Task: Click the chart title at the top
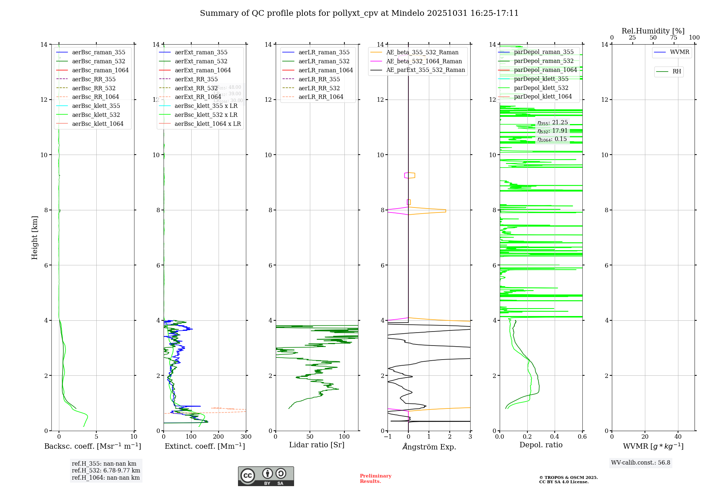(x=359, y=13)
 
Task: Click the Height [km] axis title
(x=35, y=237)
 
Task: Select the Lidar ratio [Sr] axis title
(x=316, y=445)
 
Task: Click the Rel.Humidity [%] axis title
(x=653, y=31)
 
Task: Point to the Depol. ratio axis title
(x=541, y=445)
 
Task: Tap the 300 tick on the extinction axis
(x=246, y=437)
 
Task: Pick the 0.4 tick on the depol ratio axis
(x=555, y=437)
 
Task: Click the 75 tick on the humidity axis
(x=674, y=38)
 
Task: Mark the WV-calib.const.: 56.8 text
(x=641, y=462)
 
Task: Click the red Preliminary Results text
(x=375, y=478)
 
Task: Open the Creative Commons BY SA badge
(x=266, y=476)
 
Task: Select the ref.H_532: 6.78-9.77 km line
(x=106, y=470)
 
